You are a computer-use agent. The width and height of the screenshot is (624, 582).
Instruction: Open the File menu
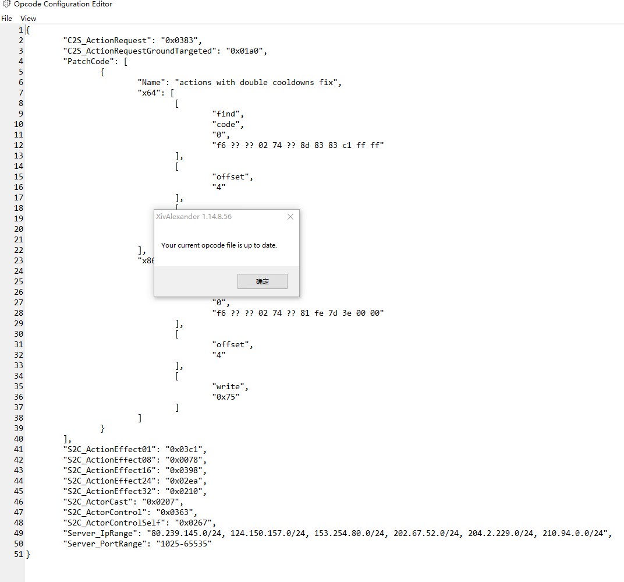[6, 19]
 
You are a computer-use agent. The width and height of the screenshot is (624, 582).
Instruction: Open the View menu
[28, 19]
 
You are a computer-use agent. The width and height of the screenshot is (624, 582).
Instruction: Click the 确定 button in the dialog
[262, 281]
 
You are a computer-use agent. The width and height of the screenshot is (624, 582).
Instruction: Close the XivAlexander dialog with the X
[290, 217]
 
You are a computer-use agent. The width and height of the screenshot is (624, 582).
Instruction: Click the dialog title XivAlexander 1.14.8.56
[194, 217]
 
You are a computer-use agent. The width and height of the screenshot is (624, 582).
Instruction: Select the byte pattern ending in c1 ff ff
[298, 145]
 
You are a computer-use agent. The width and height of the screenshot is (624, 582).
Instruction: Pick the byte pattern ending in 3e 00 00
[298, 313]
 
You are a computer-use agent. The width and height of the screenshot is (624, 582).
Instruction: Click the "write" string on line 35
[231, 386]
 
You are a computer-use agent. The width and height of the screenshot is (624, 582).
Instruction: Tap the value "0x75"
[226, 397]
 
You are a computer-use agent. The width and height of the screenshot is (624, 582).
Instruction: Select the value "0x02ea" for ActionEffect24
[186, 481]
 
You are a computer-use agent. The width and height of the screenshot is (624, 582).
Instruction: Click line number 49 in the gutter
[19, 533]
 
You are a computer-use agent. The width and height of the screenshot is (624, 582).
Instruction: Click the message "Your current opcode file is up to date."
[219, 245]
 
